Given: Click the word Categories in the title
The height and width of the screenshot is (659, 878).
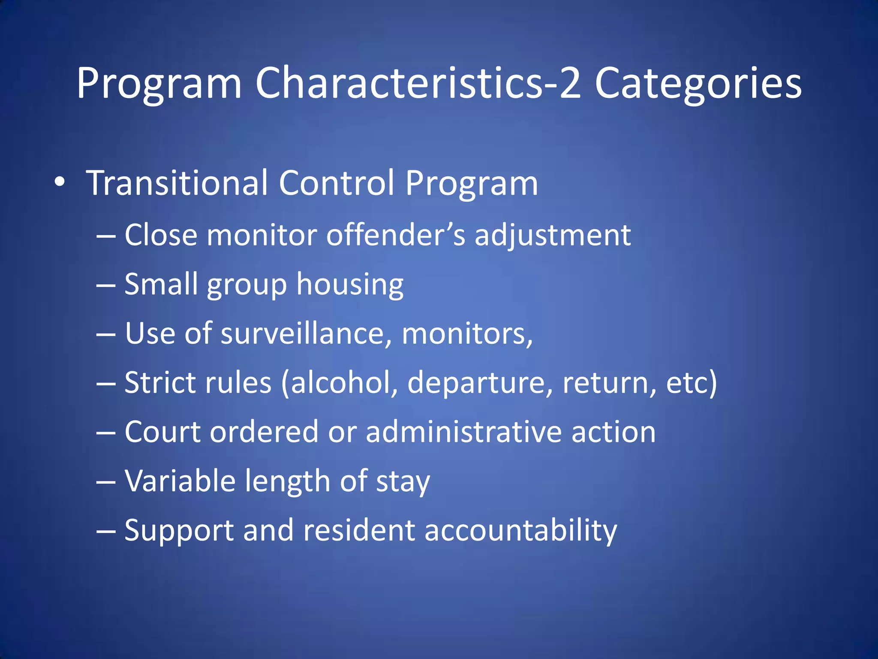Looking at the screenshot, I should [x=698, y=84].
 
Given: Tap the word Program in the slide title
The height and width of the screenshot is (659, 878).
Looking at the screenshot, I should [x=159, y=84].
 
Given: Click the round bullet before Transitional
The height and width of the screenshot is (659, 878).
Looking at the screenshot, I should [x=60, y=182].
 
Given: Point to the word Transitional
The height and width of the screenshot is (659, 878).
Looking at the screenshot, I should [x=177, y=183].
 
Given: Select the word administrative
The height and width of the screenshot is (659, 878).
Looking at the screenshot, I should [x=463, y=432].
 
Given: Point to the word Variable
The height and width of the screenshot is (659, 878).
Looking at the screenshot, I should [x=180, y=481].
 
